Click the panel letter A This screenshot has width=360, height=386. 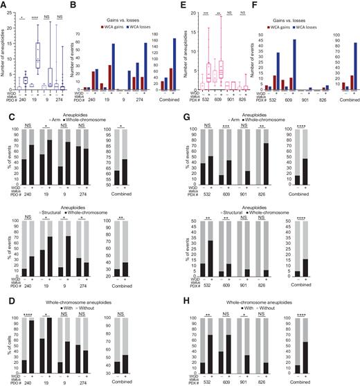(4, 4)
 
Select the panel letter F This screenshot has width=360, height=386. (251, 4)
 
